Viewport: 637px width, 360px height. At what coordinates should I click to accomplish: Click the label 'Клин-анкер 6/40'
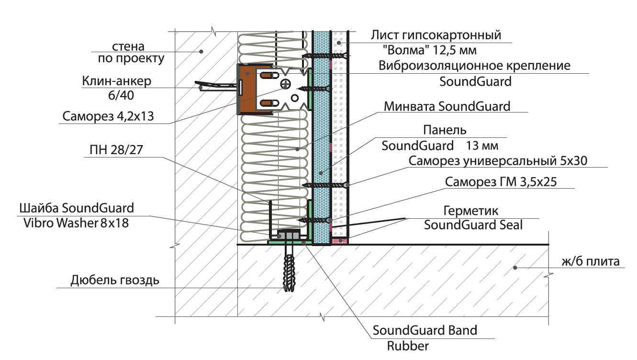click(x=117, y=88)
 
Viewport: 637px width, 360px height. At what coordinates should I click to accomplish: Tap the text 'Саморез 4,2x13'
click(x=108, y=116)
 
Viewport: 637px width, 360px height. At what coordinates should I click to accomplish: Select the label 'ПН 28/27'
click(x=116, y=150)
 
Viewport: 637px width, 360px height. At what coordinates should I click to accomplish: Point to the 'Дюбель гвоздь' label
click(x=115, y=281)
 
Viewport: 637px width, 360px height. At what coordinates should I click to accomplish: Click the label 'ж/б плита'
click(x=591, y=261)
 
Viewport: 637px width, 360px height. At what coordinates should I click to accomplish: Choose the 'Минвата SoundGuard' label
click(x=447, y=106)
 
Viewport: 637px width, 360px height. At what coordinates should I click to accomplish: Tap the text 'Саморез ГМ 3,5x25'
click(x=501, y=182)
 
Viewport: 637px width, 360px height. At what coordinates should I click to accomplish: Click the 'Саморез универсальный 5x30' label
click(x=498, y=161)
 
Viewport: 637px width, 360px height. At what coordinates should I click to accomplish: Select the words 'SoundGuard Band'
click(x=425, y=330)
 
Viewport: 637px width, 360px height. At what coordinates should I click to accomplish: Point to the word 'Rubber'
click(x=408, y=346)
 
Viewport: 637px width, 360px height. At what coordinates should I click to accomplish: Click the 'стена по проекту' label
click(x=131, y=53)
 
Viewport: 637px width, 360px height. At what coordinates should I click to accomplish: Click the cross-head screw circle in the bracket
click(x=285, y=84)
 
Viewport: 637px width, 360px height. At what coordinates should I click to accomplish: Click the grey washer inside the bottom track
click(x=289, y=236)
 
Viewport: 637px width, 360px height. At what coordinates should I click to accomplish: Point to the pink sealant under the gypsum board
click(x=339, y=241)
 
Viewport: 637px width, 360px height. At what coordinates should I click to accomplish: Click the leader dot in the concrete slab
click(x=514, y=268)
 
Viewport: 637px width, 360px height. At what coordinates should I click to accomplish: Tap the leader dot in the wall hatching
click(x=201, y=52)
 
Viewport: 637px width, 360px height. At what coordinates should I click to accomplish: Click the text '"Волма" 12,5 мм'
click(x=429, y=51)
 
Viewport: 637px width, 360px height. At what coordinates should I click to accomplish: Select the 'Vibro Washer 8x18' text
click(x=76, y=223)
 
